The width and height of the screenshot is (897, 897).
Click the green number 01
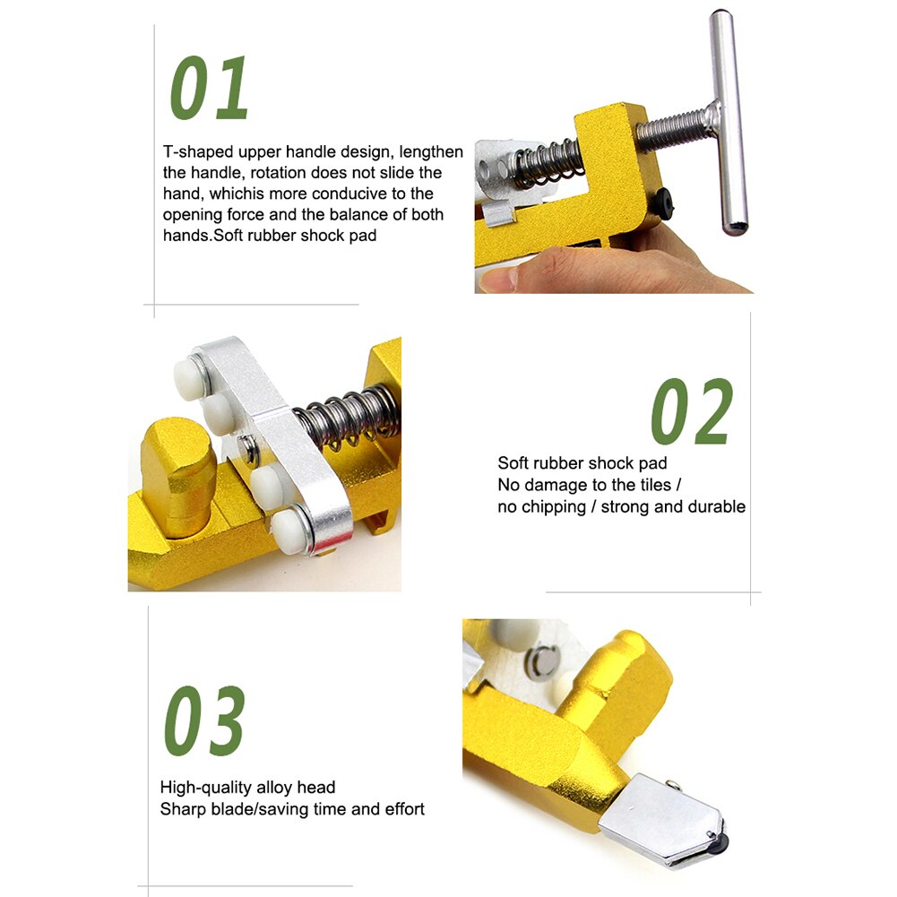pyautogui.click(x=211, y=89)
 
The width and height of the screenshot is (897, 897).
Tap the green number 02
pyautogui.click(x=692, y=411)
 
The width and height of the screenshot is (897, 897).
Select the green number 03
pyautogui.click(x=204, y=721)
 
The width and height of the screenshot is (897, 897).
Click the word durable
pyautogui.click(x=716, y=507)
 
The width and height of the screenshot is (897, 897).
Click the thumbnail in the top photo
pyautogui.click(x=496, y=279)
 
